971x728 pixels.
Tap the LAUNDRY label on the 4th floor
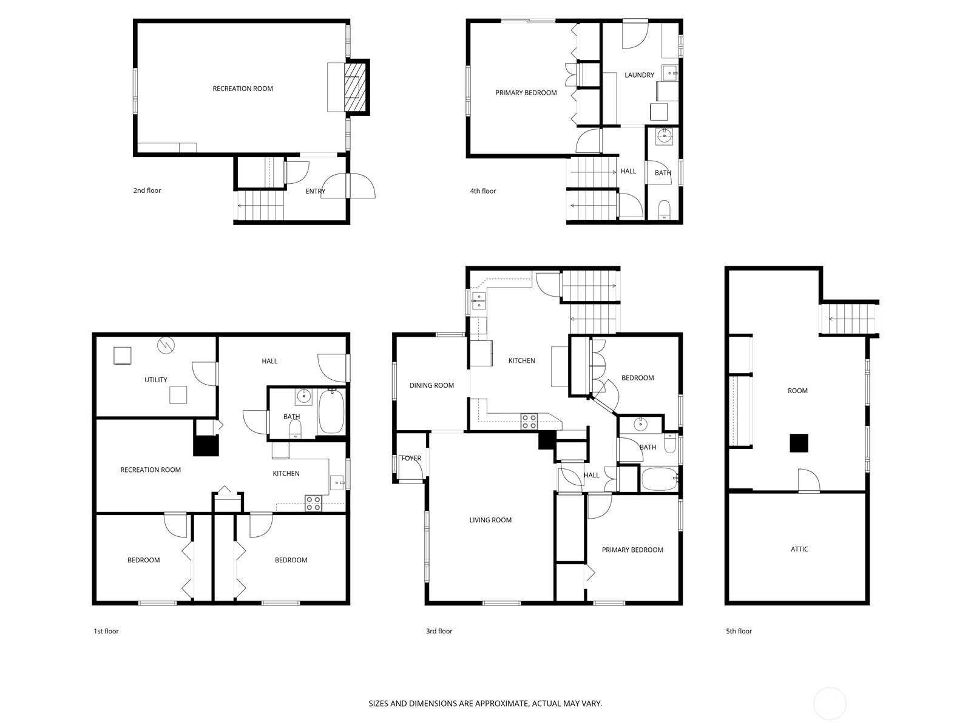tap(639, 75)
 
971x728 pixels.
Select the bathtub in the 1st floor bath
tap(331, 411)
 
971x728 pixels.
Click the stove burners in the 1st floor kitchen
tap(313, 504)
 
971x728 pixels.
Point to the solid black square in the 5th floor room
tap(799, 443)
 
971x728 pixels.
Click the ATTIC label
tap(799, 549)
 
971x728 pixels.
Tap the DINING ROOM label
tap(431, 385)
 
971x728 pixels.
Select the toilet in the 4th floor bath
tap(665, 209)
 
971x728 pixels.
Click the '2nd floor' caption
tap(147, 190)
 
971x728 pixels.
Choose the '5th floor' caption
tap(739, 631)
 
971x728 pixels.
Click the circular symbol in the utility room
tap(166, 345)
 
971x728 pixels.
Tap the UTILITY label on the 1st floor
tap(156, 380)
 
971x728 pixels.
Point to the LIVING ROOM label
tap(490, 521)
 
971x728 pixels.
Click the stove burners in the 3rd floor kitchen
tap(529, 421)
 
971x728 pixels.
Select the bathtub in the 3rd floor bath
tap(659, 479)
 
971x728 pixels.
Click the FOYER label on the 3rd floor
tap(411, 459)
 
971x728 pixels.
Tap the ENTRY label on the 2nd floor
tap(315, 191)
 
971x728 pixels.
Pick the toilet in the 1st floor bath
tap(296, 429)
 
